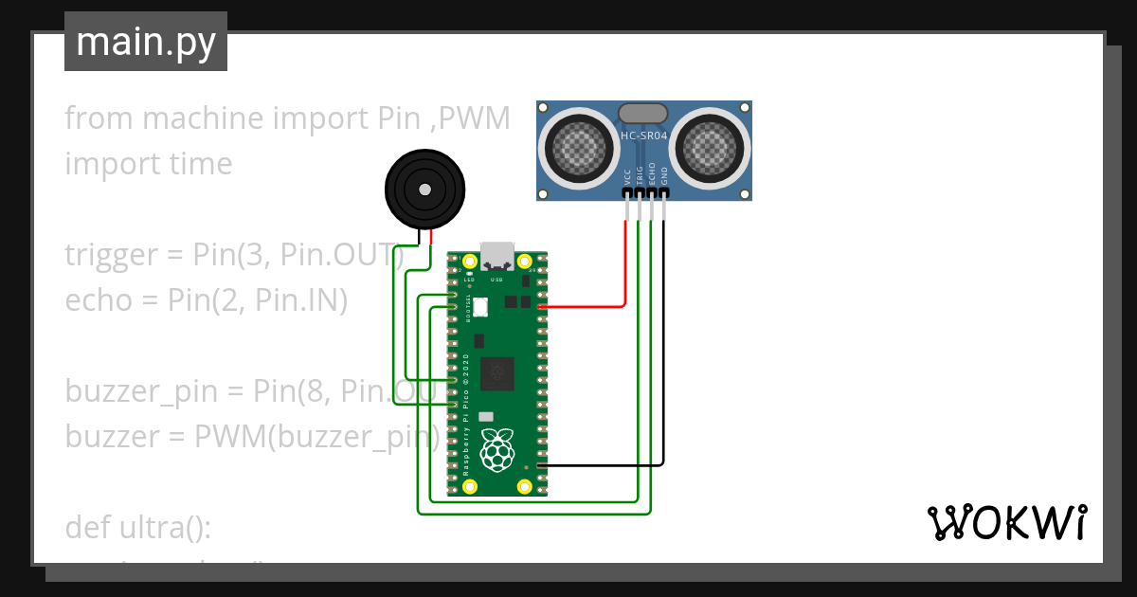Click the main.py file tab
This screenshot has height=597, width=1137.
[x=145, y=42]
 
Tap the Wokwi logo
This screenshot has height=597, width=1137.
[x=1005, y=522]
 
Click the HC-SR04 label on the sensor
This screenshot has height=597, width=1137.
[x=644, y=136]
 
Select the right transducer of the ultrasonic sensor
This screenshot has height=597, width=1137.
[x=713, y=147]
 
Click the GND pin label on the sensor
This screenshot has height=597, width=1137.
[x=664, y=176]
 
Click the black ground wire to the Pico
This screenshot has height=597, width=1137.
[x=606, y=465]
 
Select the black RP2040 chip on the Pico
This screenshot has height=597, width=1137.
[x=497, y=373]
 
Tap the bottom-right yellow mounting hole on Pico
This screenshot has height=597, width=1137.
[x=525, y=486]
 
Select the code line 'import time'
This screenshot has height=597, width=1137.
[x=149, y=164]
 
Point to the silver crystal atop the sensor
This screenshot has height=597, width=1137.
[x=644, y=114]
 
